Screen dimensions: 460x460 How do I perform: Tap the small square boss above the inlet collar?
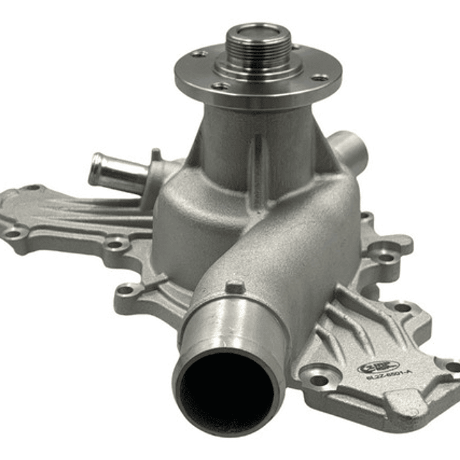coord(235,287)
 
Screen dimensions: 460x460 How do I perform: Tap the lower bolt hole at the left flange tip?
coord(13,234)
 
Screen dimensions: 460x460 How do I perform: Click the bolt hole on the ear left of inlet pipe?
coord(127,292)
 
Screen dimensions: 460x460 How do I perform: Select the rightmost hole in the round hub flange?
coord(319,77)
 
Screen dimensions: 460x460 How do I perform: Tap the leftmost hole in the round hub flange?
coord(199,54)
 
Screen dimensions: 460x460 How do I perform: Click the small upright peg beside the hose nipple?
coord(155,154)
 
